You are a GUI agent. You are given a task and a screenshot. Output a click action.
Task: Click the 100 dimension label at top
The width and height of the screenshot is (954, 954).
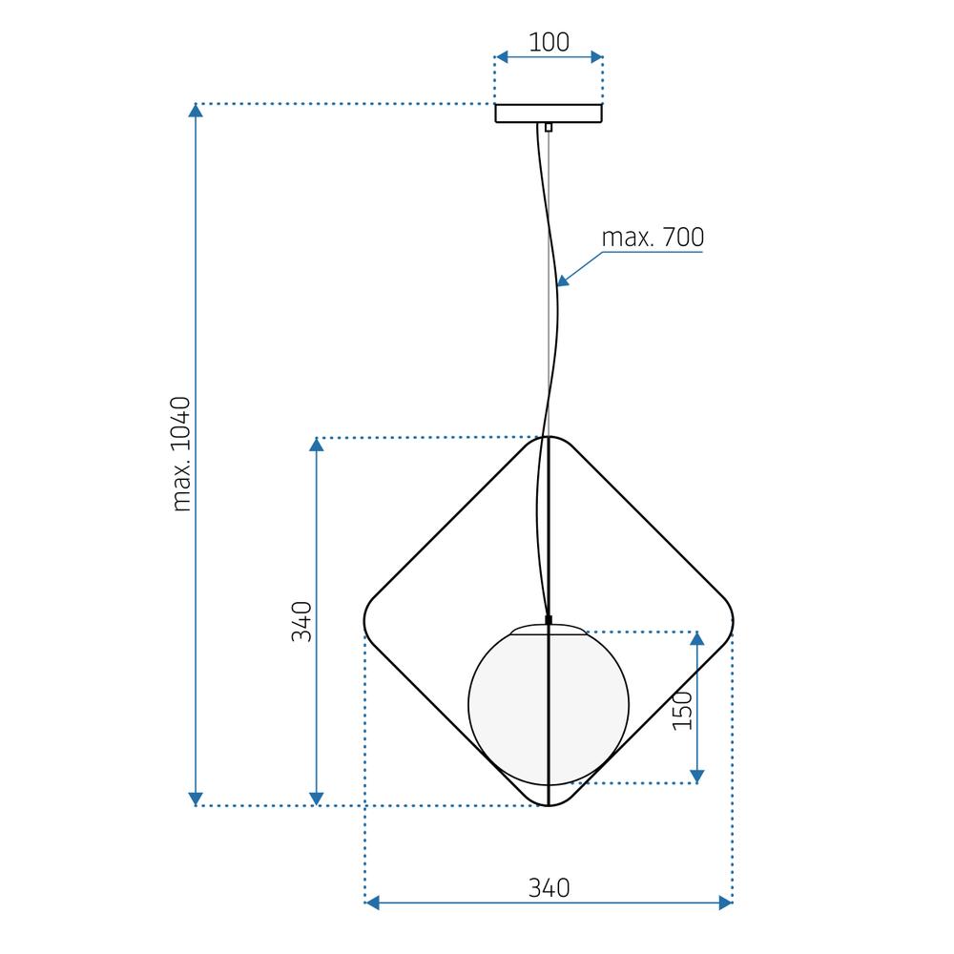click(x=549, y=42)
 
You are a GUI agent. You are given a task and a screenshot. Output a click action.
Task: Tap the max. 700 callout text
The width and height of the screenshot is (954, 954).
click(x=653, y=238)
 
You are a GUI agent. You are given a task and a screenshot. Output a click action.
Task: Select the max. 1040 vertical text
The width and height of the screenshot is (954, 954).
click(x=182, y=454)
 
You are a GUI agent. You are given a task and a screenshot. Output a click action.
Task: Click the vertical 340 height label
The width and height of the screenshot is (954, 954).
click(x=301, y=621)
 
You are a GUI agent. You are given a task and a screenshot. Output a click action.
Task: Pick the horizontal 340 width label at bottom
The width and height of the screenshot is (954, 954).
click(x=549, y=888)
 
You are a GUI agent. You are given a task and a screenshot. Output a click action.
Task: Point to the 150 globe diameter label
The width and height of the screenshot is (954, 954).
click(x=682, y=711)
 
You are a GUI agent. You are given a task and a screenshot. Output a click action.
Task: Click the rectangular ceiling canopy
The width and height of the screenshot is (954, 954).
click(x=549, y=114)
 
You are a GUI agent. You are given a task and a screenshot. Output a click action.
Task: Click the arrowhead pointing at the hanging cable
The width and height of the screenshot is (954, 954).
click(x=563, y=280)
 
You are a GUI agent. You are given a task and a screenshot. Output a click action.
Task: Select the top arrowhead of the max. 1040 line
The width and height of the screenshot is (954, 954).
click(x=196, y=111)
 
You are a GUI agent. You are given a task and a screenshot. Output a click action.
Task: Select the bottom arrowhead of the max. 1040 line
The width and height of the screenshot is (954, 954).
click(x=196, y=798)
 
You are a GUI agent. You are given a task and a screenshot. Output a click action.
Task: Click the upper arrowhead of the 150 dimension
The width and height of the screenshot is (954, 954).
click(x=697, y=638)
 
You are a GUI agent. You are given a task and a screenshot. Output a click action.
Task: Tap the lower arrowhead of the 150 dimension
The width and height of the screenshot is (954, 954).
click(x=697, y=776)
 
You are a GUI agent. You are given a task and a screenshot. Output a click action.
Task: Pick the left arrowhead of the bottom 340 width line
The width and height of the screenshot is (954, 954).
click(x=374, y=902)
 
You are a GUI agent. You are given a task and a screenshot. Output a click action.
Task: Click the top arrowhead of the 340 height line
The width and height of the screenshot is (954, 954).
click(x=318, y=446)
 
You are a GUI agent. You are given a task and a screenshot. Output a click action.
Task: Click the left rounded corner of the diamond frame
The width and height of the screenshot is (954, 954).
click(x=366, y=621)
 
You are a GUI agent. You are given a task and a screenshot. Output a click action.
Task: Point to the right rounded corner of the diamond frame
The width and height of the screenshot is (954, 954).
click(x=732, y=621)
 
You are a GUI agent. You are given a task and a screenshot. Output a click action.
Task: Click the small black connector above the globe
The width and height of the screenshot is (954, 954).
click(x=549, y=620)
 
